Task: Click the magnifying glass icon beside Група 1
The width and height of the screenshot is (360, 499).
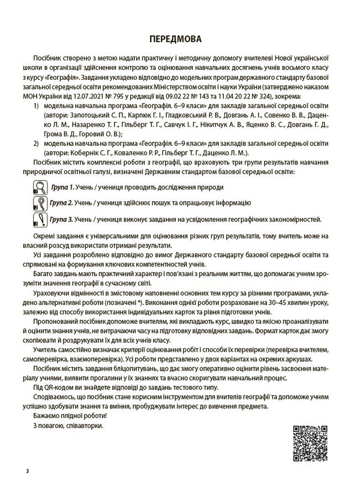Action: pos(39,187)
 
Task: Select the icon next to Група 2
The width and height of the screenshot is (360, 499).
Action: pos(39,204)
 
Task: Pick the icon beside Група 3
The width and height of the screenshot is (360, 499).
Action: pos(39,220)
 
